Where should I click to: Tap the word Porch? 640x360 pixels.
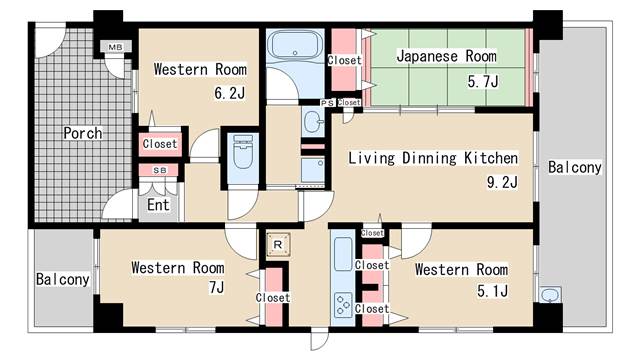coord(83,132)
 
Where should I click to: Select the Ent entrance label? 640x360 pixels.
coord(158,206)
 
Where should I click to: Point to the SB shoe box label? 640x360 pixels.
coord(159,171)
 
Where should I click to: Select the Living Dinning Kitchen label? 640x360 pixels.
coord(432,158)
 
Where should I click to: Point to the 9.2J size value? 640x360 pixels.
coord(503,183)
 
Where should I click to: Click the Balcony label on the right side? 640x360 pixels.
coord(574,167)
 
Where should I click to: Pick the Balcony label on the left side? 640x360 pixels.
coord(63,279)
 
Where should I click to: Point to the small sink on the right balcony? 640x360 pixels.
coord(549,295)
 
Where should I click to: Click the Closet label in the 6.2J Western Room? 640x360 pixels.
coord(160,144)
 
